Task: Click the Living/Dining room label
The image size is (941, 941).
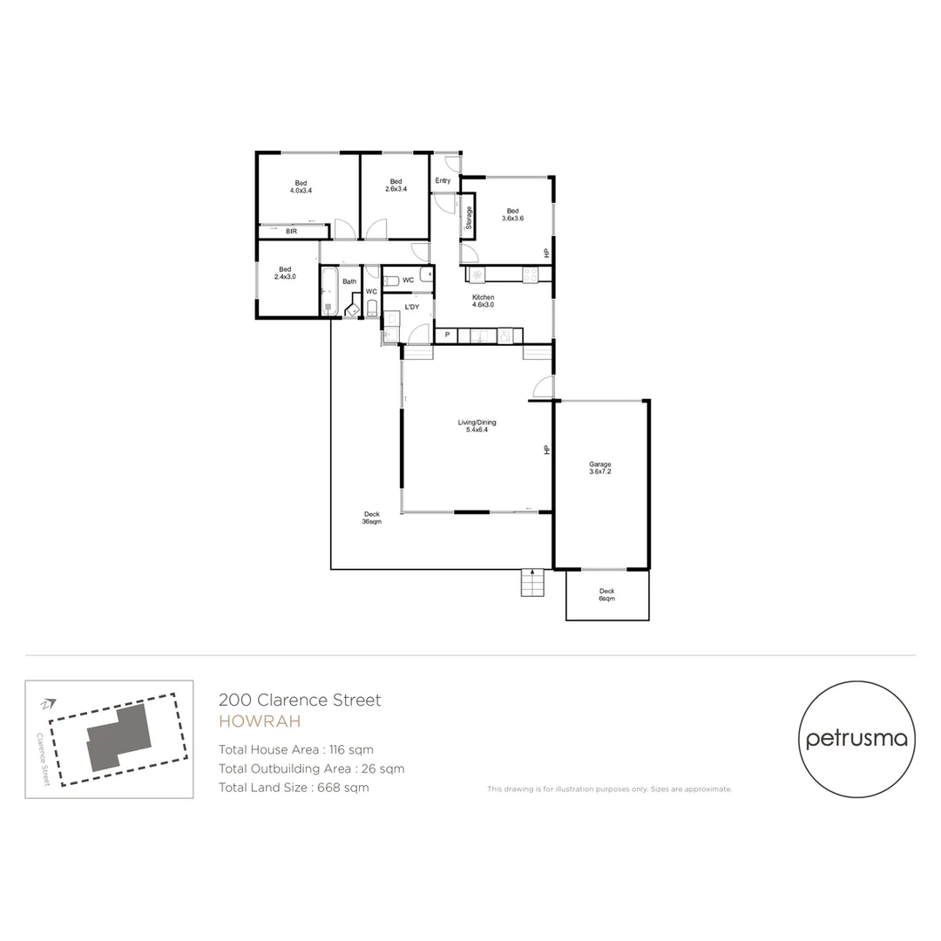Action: point(477,426)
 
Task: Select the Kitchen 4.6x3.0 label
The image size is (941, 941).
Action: point(483,301)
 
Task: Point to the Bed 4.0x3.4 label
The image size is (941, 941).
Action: point(301,186)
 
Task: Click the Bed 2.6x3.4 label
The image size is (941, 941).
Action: point(396,186)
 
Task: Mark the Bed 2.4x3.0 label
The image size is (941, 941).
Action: point(285,273)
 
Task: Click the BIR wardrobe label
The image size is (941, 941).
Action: point(291,232)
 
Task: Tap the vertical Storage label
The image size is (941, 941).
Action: point(469,218)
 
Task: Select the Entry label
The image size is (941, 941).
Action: point(443,181)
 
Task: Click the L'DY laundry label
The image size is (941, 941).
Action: point(411,307)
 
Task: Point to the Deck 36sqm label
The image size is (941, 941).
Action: point(371,518)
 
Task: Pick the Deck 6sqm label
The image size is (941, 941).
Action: point(606,595)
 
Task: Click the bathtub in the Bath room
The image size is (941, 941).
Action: point(329,290)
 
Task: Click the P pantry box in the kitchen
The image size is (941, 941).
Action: point(447,335)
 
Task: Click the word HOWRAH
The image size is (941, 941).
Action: point(259,721)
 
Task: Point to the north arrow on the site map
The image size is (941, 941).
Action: point(49,702)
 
